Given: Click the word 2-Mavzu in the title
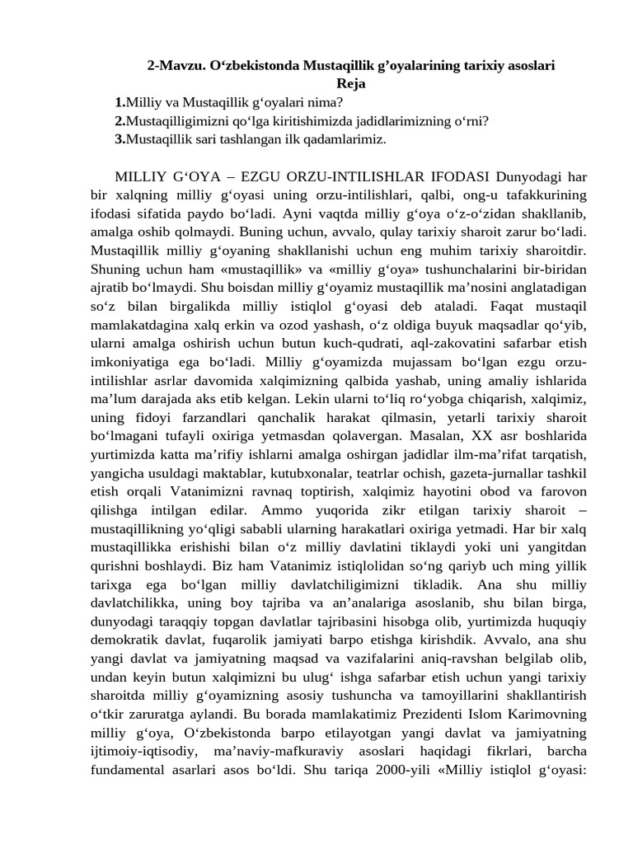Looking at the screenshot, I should point(172,65).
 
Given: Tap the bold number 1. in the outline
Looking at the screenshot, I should point(120,102).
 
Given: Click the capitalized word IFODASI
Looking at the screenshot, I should point(460,177).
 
